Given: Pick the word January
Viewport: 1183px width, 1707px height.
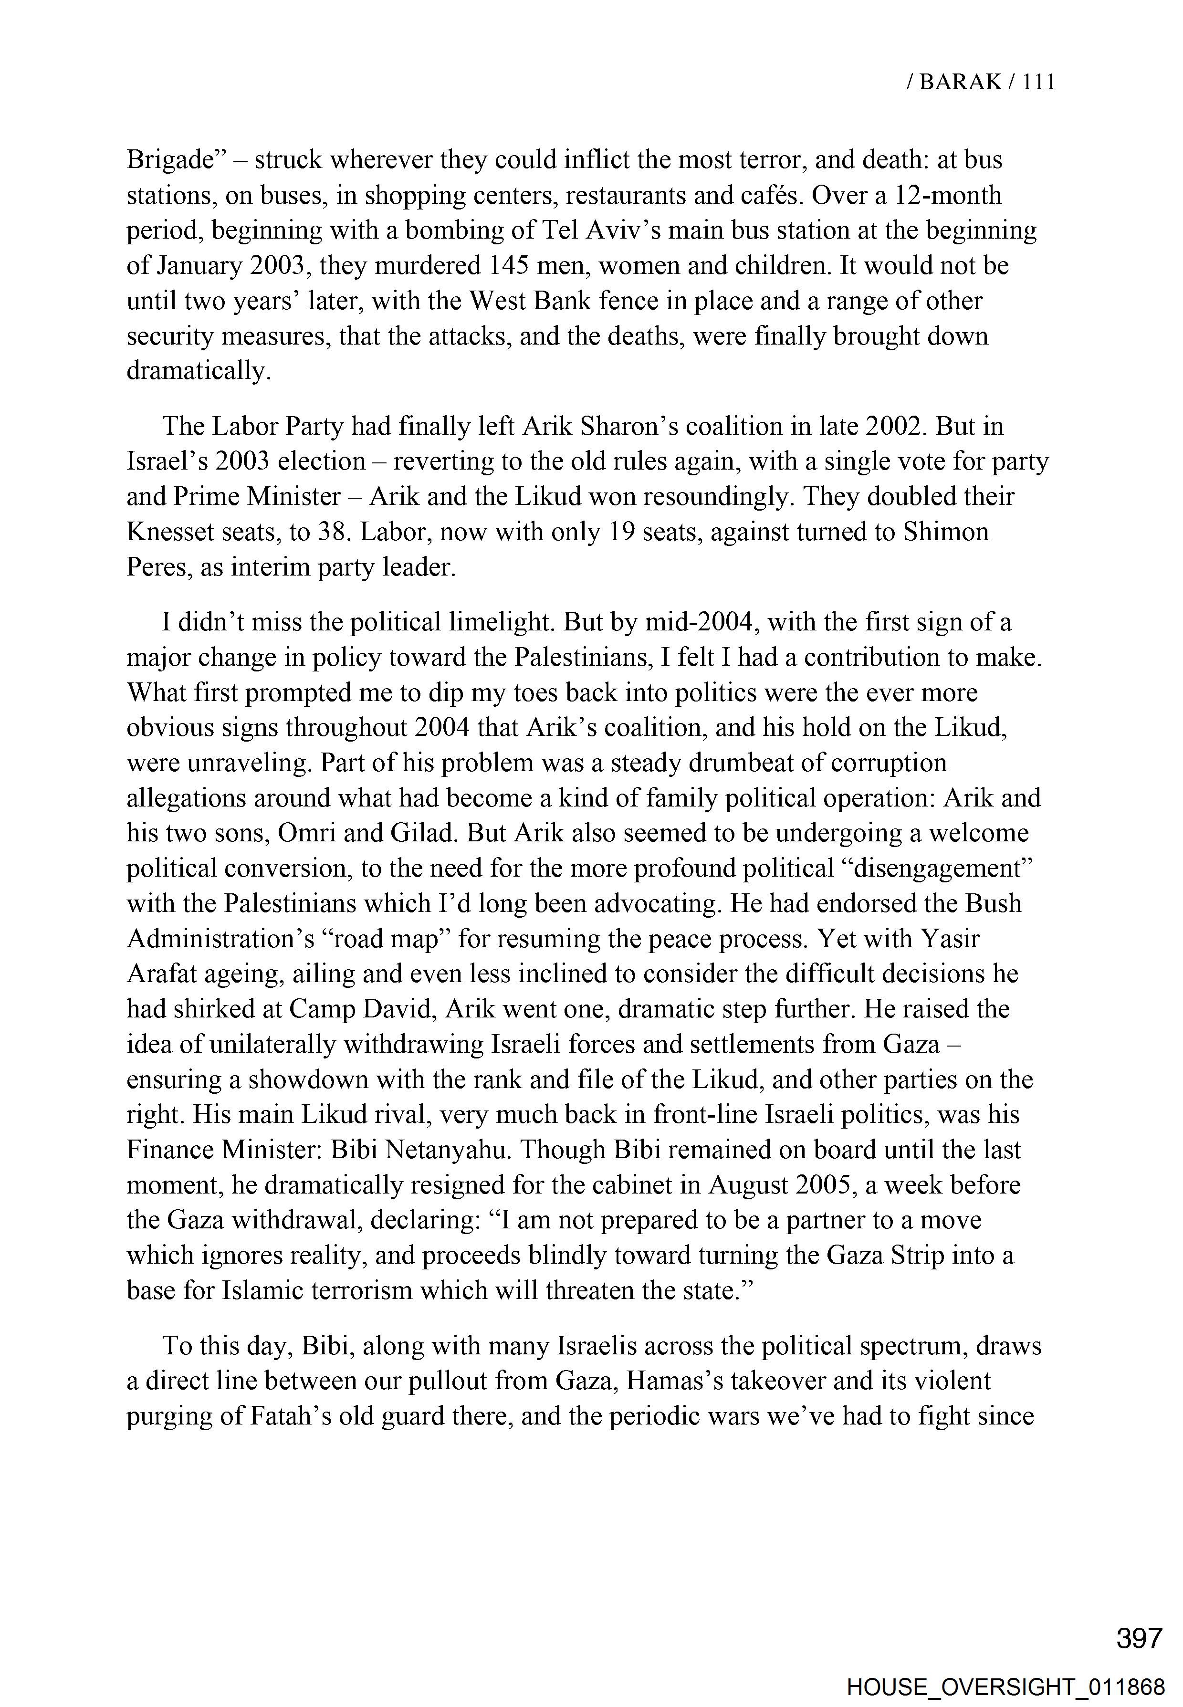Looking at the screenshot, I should click(x=200, y=265).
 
